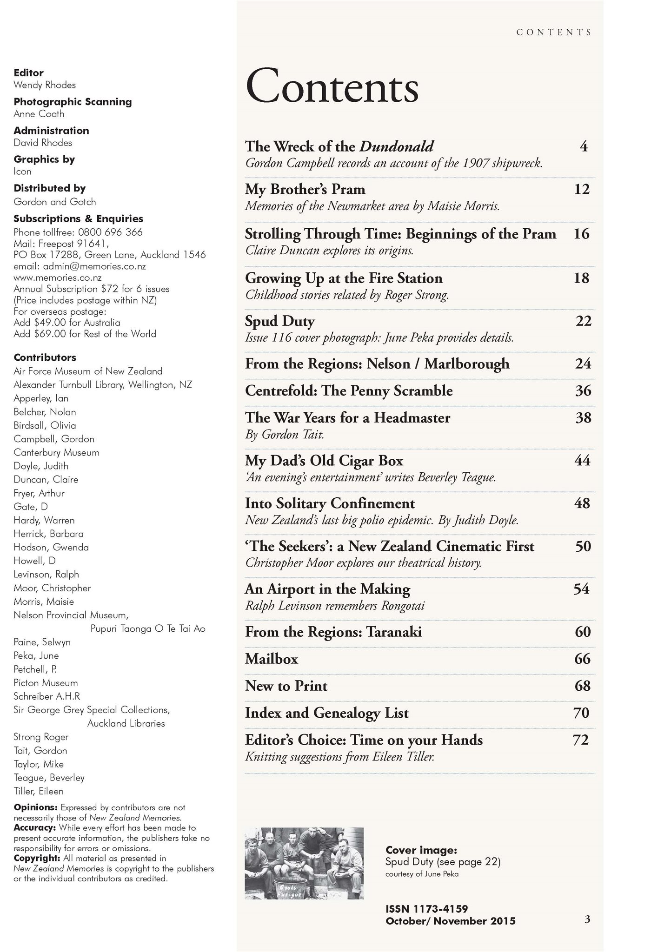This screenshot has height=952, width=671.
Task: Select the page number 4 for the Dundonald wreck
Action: click(584, 147)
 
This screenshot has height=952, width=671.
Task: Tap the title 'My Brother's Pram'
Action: click(305, 190)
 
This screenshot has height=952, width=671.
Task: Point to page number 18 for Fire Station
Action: click(581, 278)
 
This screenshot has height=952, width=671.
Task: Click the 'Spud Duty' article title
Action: click(280, 321)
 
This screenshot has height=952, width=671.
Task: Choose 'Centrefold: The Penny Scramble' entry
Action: click(349, 391)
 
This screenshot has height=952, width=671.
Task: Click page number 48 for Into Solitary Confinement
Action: click(582, 503)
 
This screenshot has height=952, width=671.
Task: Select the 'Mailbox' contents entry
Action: click(272, 659)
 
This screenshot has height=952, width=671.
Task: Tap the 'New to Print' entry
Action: click(286, 686)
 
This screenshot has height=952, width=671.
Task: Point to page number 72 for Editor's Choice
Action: click(581, 740)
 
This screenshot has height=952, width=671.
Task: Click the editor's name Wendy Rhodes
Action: click(45, 85)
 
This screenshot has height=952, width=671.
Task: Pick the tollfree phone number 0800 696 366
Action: click(110, 232)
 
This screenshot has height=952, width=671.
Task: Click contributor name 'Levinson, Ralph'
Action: click(46, 575)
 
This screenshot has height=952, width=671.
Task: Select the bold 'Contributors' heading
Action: click(45, 357)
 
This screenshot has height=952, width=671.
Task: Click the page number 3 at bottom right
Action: click(587, 919)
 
